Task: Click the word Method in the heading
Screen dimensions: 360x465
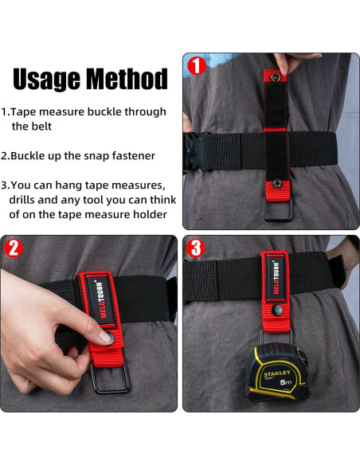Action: click(x=127, y=79)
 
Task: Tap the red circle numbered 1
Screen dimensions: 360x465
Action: click(x=196, y=66)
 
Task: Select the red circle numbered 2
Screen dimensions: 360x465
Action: click(x=14, y=248)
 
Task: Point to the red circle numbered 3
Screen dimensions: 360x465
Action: click(x=196, y=248)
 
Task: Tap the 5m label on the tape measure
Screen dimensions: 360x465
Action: click(x=286, y=382)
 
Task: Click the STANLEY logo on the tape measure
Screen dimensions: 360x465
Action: click(x=277, y=373)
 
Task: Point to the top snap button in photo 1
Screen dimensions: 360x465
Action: click(x=276, y=78)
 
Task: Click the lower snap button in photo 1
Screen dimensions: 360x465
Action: click(x=277, y=184)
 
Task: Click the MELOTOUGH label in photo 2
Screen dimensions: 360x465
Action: click(x=100, y=300)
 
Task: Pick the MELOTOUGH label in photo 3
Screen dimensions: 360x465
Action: click(x=276, y=278)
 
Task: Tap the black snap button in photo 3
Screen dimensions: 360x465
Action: click(x=277, y=310)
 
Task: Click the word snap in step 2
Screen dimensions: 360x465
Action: click(x=97, y=156)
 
